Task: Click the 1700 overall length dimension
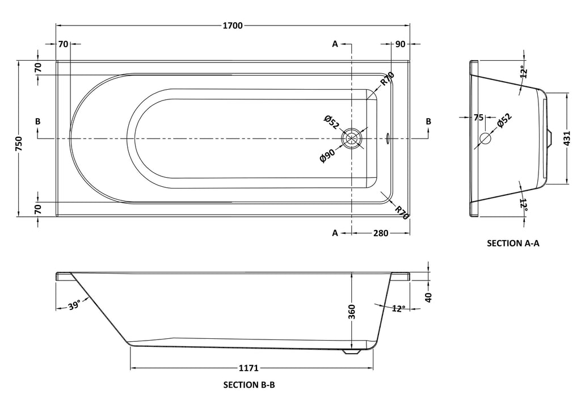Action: click(x=233, y=26)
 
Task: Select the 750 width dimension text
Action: click(x=19, y=144)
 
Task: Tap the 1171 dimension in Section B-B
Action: click(x=249, y=368)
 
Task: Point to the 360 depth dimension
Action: click(x=352, y=312)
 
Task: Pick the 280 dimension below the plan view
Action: click(x=381, y=233)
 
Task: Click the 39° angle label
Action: click(x=74, y=306)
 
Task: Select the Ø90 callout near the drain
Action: click(x=327, y=155)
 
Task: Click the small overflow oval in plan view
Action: click(x=387, y=138)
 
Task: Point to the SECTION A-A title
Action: click(x=513, y=243)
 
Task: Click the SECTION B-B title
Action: click(x=249, y=385)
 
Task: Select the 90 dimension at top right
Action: click(x=400, y=44)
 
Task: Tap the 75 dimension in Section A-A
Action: click(x=478, y=118)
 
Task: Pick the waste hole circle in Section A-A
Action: click(x=485, y=139)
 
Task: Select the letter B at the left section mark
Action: click(x=38, y=121)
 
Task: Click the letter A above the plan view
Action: click(x=335, y=44)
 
